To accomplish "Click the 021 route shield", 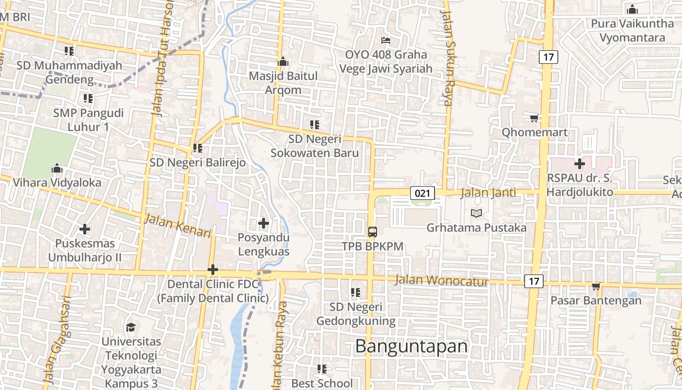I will click(422, 193).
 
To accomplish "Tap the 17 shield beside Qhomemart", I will click(549, 57).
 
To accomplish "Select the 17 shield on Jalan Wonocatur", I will click(534, 281).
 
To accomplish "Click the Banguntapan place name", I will click(411, 346).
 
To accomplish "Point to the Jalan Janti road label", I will click(488, 193).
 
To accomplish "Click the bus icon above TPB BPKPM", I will click(372, 232).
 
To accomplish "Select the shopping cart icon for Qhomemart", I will click(534, 118).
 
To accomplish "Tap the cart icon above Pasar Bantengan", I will click(595, 286).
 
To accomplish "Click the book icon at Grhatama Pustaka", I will click(476, 213).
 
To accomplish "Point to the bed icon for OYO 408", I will click(386, 40).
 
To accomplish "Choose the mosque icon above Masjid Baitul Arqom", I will click(283, 61).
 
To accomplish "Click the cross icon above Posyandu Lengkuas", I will click(264, 223).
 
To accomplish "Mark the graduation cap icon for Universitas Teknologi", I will click(131, 327).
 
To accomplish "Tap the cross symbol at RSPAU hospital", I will click(580, 163).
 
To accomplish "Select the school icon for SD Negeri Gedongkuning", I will click(356, 292).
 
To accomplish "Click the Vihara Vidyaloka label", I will click(57, 183).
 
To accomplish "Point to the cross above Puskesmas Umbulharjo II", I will click(85, 229).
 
